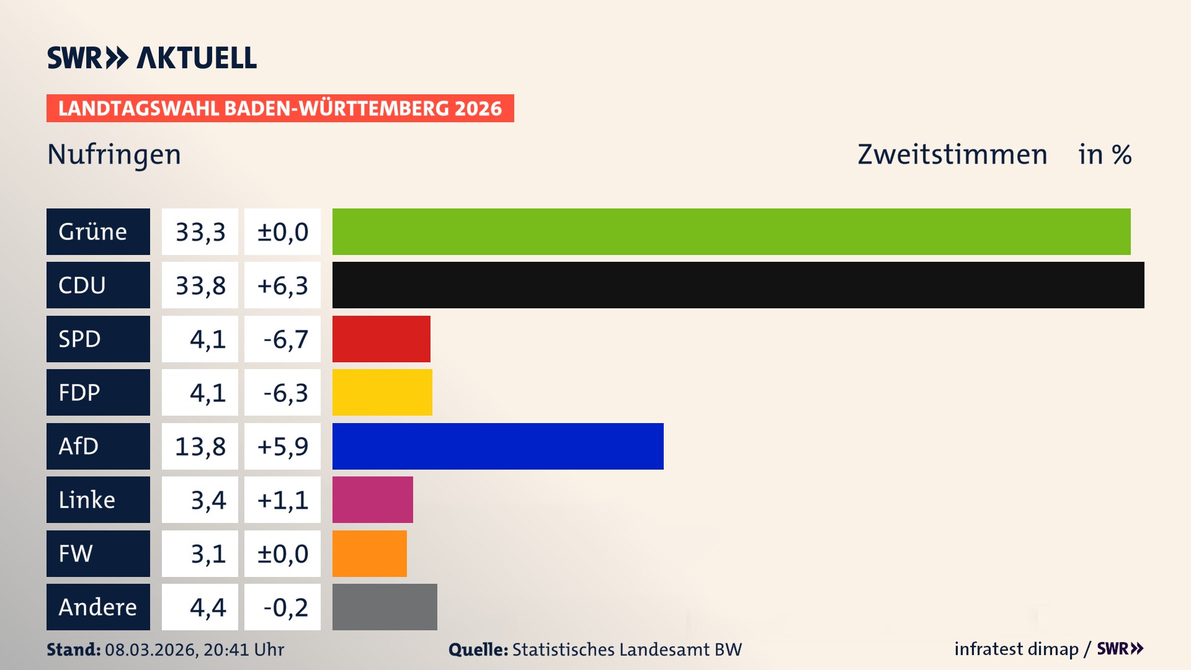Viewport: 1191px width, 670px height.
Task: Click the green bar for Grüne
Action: coord(731,231)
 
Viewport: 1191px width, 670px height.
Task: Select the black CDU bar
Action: coord(738,285)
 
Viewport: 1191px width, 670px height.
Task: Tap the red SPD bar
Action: coord(381,339)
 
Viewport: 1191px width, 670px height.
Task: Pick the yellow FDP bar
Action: coord(382,392)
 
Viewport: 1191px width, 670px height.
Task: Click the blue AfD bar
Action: coord(497,446)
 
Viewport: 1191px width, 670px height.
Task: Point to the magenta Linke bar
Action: coord(372,499)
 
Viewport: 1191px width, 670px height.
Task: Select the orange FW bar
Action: coord(369,553)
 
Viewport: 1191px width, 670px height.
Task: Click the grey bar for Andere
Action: coord(385,607)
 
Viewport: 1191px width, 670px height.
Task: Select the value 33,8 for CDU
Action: coord(200,285)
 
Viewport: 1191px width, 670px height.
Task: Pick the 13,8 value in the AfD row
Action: coord(200,447)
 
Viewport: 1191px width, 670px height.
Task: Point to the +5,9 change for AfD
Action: coord(283,447)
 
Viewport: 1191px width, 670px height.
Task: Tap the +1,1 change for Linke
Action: coord(283,500)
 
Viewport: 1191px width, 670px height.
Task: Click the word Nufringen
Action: coord(114,154)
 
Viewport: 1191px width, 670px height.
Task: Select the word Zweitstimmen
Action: coord(952,154)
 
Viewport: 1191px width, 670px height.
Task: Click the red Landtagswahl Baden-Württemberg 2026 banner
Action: coord(280,109)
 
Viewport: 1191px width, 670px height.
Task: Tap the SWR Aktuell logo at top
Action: coord(152,58)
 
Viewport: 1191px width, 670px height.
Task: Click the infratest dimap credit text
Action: coord(1016,649)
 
